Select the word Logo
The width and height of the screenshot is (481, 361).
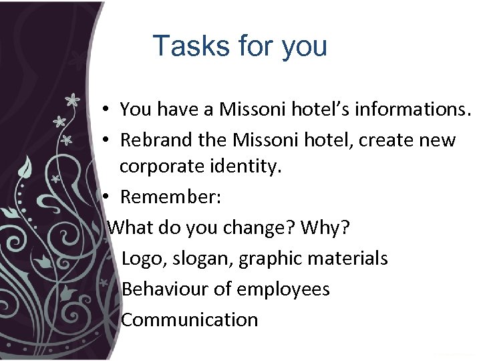tap(141, 258)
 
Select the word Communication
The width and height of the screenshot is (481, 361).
tap(190, 320)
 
